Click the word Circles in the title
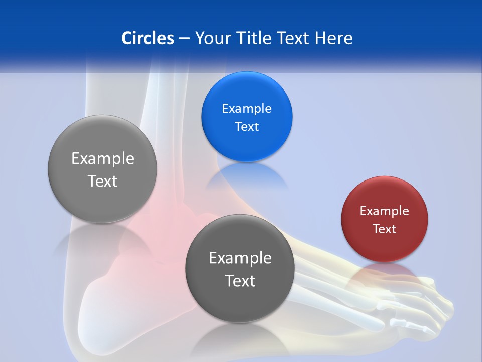pyautogui.click(x=148, y=38)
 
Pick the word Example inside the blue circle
pyautogui.click(x=247, y=109)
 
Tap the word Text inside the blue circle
pyautogui.click(x=247, y=127)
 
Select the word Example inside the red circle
pyautogui.click(x=384, y=211)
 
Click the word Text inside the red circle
pyautogui.click(x=384, y=229)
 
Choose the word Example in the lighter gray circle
pyautogui.click(x=102, y=159)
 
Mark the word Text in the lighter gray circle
pyautogui.click(x=102, y=181)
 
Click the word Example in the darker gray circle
pyautogui.click(x=240, y=258)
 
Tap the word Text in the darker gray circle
pyautogui.click(x=240, y=281)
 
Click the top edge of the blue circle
pyautogui.click(x=247, y=72)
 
